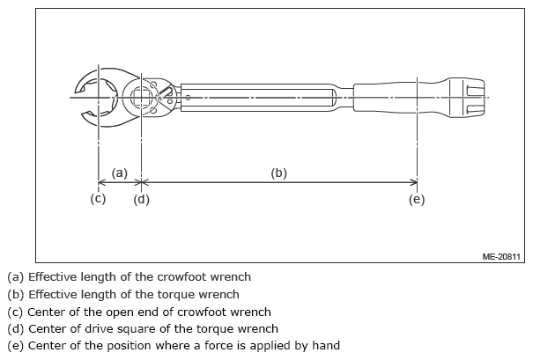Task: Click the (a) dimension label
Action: [x=120, y=173]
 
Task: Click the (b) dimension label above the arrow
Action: [x=278, y=173]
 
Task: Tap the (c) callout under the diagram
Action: [x=98, y=199]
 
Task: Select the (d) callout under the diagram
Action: [x=141, y=199]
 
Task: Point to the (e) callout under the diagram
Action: [x=417, y=199]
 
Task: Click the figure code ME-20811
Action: [x=502, y=256]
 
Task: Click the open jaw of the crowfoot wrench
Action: [x=88, y=95]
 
